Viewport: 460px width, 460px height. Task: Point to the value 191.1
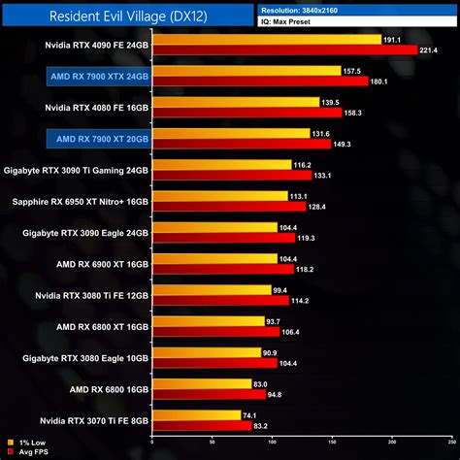point(393,40)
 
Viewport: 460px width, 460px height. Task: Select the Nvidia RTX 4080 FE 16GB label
point(97,107)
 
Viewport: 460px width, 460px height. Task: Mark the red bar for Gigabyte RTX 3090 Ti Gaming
point(232,176)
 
